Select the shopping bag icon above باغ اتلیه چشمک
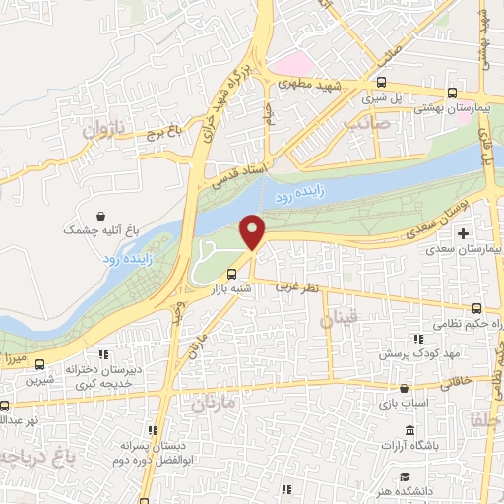click(101, 215)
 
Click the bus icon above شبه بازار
click(232, 275)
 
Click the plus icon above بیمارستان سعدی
click(464, 234)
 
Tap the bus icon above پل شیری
click(382, 82)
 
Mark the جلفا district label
click(481, 419)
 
